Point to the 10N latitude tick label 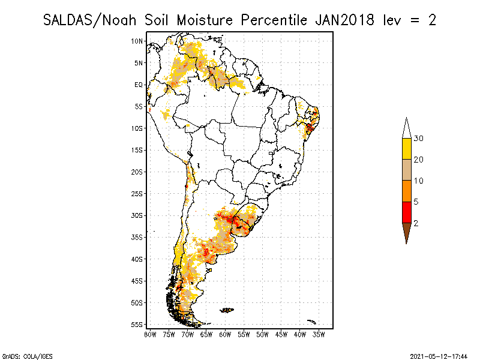click(x=137, y=41)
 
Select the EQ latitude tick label click(x=139, y=85)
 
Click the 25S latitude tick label click(x=137, y=194)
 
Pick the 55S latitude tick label click(x=137, y=325)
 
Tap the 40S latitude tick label click(x=137, y=259)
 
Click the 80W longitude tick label click(x=150, y=334)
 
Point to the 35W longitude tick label click(x=319, y=334)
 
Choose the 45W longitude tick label click(x=281, y=334)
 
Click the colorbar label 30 click(x=418, y=139)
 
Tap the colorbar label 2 click(x=416, y=223)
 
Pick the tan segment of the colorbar click(x=406, y=170)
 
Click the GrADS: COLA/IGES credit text click(x=21, y=356)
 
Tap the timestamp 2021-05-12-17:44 click(x=439, y=356)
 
